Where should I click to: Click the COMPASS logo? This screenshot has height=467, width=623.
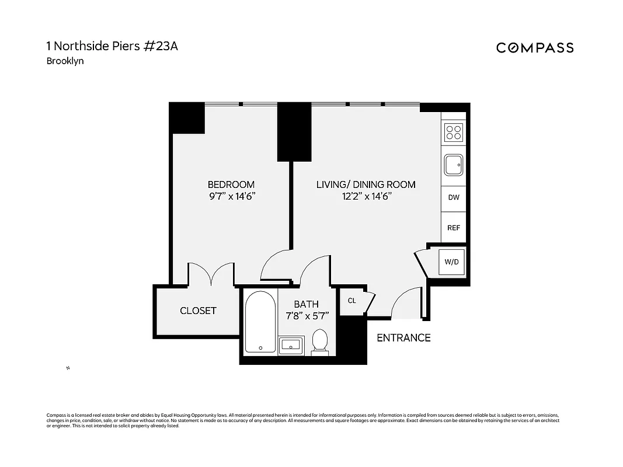click(x=534, y=48)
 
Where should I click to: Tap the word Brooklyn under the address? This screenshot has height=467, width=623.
click(x=65, y=61)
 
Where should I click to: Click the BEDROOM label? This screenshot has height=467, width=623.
click(x=232, y=184)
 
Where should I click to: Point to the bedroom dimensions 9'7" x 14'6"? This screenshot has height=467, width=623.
click(x=232, y=197)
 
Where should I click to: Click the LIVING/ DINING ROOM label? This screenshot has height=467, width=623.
click(x=366, y=184)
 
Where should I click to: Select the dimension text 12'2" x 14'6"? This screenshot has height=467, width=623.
click(x=366, y=197)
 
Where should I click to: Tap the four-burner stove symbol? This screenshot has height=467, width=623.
click(x=454, y=133)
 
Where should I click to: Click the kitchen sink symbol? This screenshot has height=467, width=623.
click(x=454, y=165)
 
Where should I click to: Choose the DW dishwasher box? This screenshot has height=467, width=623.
click(x=454, y=197)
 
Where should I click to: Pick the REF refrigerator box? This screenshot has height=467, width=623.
click(x=454, y=228)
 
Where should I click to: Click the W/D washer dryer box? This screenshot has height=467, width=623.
click(x=452, y=262)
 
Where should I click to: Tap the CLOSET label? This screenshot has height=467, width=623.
click(x=198, y=311)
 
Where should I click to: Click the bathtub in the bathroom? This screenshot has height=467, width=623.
click(x=259, y=322)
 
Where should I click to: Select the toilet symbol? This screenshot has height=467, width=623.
click(x=319, y=342)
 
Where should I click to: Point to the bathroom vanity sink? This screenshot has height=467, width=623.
click(x=290, y=345)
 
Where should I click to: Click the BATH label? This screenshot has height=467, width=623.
click(x=306, y=304)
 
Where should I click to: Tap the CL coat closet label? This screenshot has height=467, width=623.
click(x=351, y=301)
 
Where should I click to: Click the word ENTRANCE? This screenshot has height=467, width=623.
click(x=403, y=337)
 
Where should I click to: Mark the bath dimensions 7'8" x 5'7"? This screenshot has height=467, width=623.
click(x=307, y=316)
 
